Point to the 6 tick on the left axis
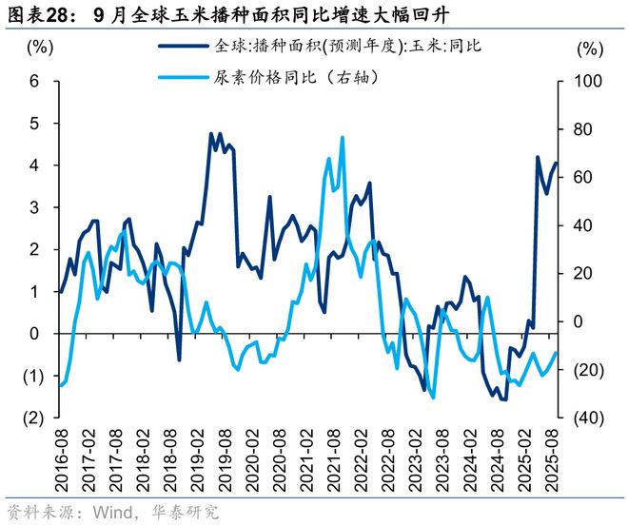34,82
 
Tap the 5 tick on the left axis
34,124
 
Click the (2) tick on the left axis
31,418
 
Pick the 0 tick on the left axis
34,334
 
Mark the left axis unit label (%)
39,47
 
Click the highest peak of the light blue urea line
342,138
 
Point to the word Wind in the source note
112,513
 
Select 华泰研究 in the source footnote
186,513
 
